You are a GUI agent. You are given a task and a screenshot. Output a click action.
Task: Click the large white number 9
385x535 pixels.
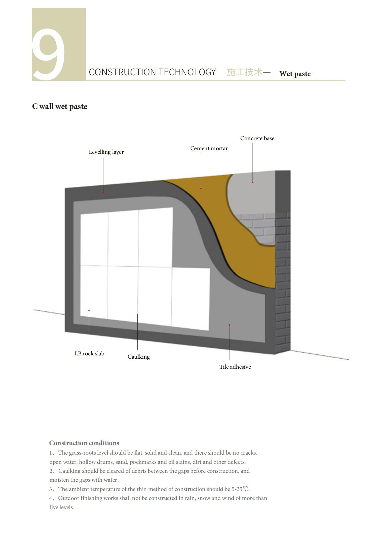pyautogui.click(x=49, y=54)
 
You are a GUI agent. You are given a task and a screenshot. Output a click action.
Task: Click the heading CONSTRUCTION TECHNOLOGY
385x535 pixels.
pyautogui.click(x=152, y=72)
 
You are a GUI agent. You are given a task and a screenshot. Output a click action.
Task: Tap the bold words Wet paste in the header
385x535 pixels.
pyautogui.click(x=295, y=74)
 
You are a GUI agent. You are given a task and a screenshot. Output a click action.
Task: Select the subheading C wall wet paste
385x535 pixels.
pyautogui.click(x=60, y=107)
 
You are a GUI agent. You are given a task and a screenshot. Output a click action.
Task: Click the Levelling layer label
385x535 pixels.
pyautogui.click(x=106, y=152)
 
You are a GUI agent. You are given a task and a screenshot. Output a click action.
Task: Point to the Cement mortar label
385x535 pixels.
pyautogui.click(x=209, y=148)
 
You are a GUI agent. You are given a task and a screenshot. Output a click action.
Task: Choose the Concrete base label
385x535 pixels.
pyautogui.click(x=257, y=138)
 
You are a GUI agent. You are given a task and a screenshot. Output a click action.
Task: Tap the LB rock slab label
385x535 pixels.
pyautogui.click(x=89, y=353)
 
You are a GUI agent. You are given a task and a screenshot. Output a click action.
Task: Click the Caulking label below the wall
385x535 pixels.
pyautogui.click(x=138, y=357)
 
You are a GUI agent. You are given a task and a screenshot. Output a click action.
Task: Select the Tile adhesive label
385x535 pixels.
pyautogui.click(x=235, y=367)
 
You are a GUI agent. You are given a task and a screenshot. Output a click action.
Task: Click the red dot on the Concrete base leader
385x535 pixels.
pyautogui.click(x=253, y=182)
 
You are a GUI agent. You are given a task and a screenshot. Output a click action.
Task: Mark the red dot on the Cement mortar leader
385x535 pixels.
pyautogui.click(x=201, y=188)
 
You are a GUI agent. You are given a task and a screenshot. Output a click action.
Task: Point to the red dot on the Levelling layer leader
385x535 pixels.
pyautogui.click(x=103, y=192)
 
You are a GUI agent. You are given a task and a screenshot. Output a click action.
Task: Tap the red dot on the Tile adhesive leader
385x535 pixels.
pyautogui.click(x=229, y=325)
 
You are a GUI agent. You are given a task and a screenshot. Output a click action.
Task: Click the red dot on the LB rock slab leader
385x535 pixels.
pyautogui.click(x=89, y=310)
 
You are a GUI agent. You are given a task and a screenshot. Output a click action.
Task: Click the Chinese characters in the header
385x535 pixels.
pyautogui.click(x=245, y=72)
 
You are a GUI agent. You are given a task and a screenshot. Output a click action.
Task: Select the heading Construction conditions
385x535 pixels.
pyautogui.click(x=84, y=443)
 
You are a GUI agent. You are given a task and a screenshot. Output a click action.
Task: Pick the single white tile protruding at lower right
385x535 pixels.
pyautogui.click(x=191, y=298)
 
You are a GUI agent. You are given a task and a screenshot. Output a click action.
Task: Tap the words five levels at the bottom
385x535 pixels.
pyautogui.click(x=61, y=507)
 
